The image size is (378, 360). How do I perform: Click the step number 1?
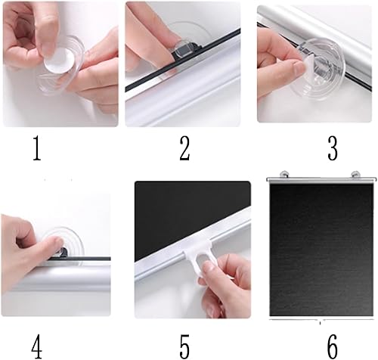37,147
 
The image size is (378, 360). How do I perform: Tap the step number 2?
184,148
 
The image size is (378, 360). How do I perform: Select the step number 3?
333,148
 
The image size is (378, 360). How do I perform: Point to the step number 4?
37,346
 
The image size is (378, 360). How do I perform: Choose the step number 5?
184,346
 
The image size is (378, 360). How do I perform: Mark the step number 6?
333,346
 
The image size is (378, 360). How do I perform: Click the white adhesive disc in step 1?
60,61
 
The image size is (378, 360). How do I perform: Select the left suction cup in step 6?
284,174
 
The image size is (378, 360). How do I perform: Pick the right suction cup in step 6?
355,174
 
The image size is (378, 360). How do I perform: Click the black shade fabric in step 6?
321,250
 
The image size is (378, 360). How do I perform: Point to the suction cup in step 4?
63,244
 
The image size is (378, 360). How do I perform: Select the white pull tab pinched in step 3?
308,67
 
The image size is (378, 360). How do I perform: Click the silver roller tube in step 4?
60,278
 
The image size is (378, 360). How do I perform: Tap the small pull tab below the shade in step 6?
320,323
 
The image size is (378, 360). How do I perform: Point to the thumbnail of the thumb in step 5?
207,266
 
